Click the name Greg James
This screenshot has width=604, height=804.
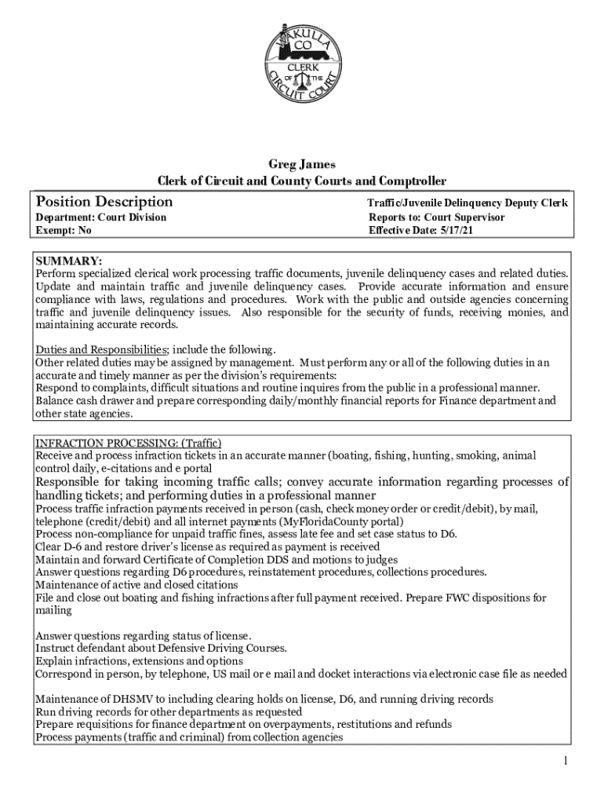coord(302,165)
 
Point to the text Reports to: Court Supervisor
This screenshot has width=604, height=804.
coord(436,217)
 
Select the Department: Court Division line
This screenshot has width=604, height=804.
coord(101,217)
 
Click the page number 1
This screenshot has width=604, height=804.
coord(564,761)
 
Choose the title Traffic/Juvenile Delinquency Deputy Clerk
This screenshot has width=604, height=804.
coord(468,203)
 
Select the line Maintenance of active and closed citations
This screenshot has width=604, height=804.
coord(137,585)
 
